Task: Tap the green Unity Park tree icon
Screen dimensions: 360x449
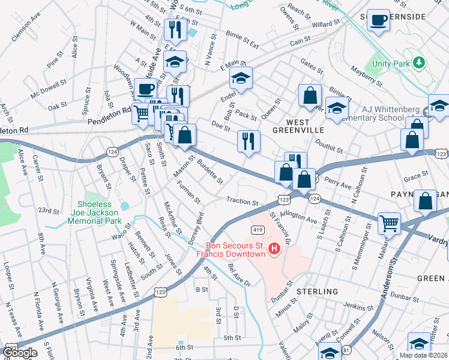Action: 419,62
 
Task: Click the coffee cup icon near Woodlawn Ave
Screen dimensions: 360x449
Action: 145,89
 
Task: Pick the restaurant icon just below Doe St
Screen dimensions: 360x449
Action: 249,141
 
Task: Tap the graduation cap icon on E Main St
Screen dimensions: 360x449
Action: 241,78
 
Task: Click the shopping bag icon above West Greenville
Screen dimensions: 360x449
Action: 310,95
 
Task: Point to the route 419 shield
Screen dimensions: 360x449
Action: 257,229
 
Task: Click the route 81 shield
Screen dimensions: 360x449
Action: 346,349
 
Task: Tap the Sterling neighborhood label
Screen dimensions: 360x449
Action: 317,292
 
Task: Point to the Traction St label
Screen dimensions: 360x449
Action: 242,202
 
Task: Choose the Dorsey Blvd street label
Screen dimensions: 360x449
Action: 196,227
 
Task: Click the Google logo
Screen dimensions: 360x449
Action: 19,352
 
